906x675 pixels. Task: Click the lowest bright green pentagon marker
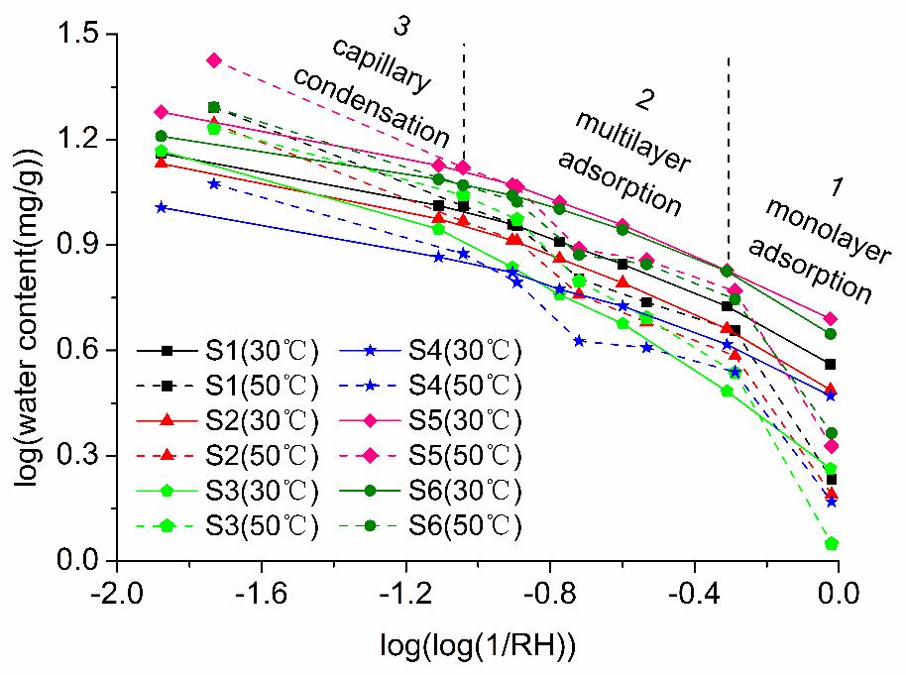tap(832, 543)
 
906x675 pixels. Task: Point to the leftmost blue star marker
tap(161, 207)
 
